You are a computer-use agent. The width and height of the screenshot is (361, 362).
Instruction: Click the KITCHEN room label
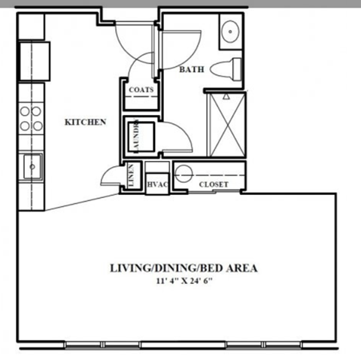click(x=84, y=122)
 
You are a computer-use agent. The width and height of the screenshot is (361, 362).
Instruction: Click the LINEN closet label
click(x=131, y=177)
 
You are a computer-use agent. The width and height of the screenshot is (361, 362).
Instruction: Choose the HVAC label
click(x=156, y=183)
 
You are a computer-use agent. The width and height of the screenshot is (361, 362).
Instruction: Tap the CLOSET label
click(x=214, y=184)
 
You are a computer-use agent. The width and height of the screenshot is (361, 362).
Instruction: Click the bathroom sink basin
click(x=229, y=32)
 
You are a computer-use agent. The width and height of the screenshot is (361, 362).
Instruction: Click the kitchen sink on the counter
click(x=32, y=166)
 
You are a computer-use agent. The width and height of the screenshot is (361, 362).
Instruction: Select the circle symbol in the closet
click(x=184, y=175)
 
